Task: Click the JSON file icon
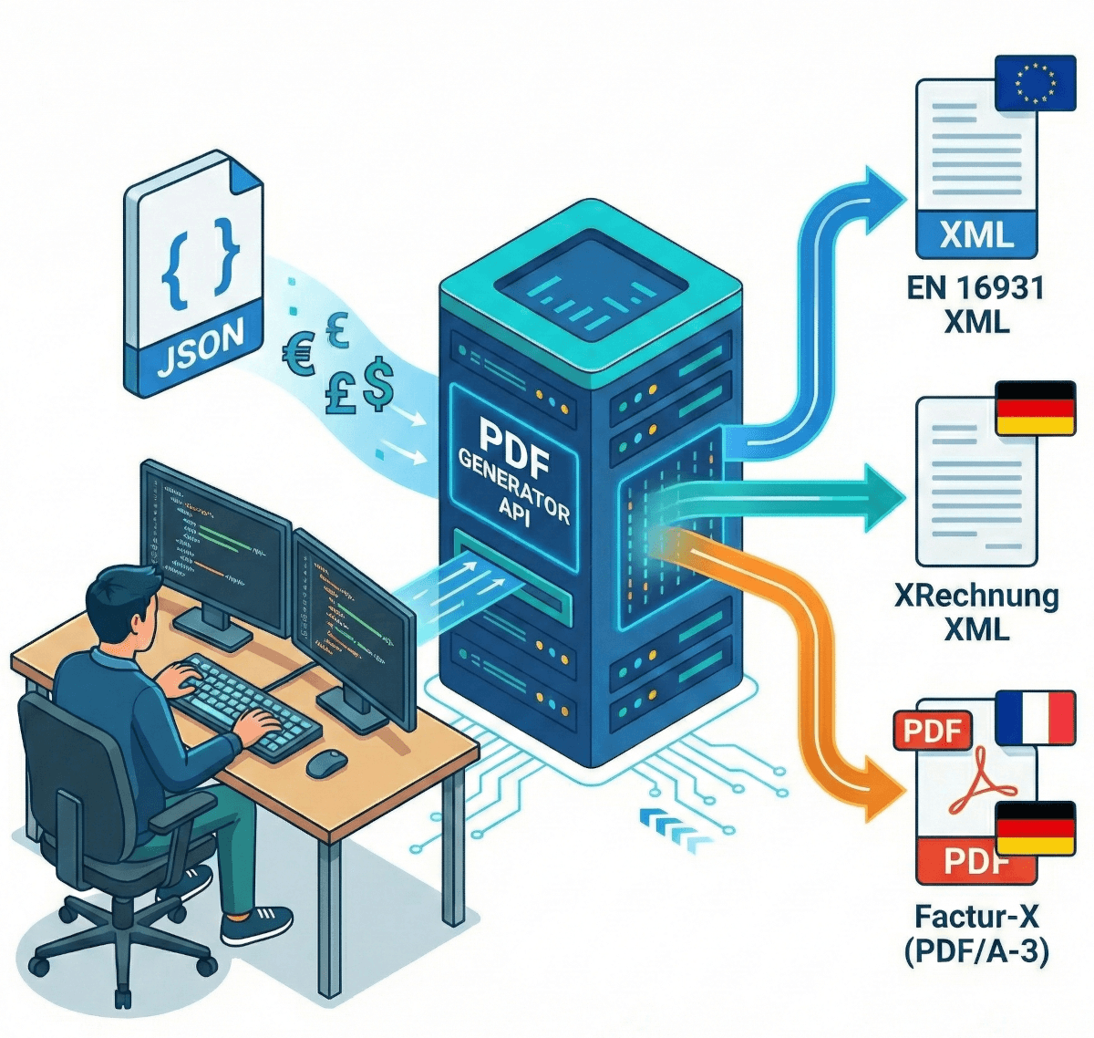click(x=193, y=274)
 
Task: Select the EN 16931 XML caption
click(x=976, y=305)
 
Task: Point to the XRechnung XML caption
click(x=976, y=612)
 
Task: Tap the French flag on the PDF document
click(x=1036, y=717)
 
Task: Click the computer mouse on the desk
click(x=325, y=763)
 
